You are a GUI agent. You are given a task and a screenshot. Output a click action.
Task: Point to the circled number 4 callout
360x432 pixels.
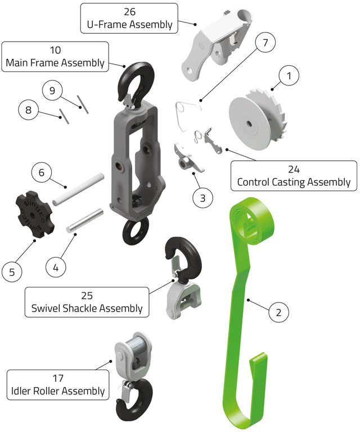click(x=55, y=268)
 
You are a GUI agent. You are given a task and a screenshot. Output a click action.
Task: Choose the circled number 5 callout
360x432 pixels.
click(x=13, y=272)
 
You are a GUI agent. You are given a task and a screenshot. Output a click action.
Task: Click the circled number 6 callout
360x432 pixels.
click(x=40, y=172)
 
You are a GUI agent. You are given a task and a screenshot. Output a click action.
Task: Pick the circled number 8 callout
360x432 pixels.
click(x=28, y=110)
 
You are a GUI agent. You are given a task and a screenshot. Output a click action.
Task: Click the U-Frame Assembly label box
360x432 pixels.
click(x=129, y=18)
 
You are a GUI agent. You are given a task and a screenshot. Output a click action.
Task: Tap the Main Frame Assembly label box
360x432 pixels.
click(x=55, y=56)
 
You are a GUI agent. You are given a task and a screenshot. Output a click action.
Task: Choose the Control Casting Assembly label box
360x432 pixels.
click(x=294, y=175)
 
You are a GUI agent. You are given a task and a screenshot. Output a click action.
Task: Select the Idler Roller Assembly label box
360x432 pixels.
click(x=57, y=384)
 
